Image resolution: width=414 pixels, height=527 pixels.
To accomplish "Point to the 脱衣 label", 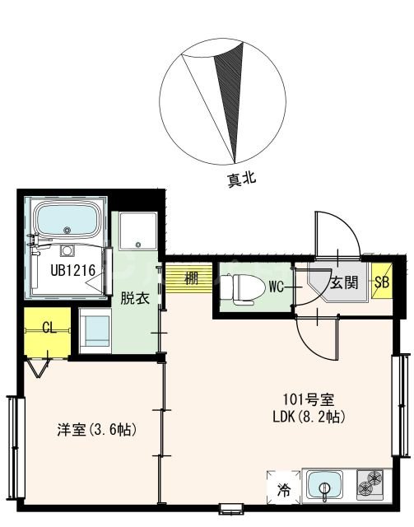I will tap(137, 298).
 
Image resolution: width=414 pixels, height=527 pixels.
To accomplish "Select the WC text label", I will tap(277, 287).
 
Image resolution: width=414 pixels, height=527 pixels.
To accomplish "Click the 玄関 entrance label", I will tap(344, 283).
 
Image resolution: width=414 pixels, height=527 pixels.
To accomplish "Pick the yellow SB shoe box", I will tap(382, 282).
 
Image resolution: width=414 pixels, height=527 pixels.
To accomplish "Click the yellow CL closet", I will tap(47, 328).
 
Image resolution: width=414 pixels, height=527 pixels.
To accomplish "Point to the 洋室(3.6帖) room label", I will tap(96, 430).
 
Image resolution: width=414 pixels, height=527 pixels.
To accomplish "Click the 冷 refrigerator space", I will tap(282, 489).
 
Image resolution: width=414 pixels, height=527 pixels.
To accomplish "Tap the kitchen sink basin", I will tap(327, 486).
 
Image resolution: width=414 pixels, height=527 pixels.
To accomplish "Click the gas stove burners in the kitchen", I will tap(371, 485).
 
